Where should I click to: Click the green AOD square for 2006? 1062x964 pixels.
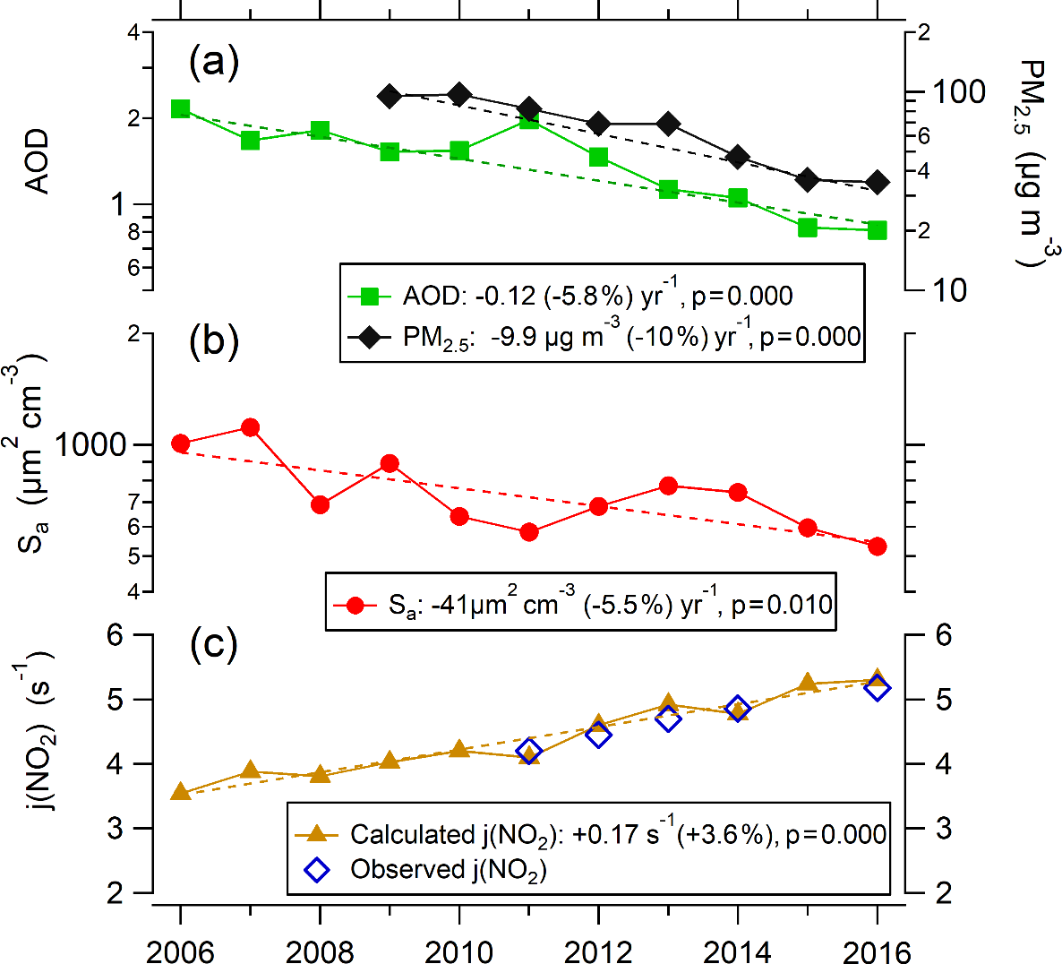180,109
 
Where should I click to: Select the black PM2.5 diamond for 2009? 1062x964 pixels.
389,96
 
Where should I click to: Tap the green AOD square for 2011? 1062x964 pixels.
529,119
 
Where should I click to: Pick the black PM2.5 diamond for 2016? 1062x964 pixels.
878,183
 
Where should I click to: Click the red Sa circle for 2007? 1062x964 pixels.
251,427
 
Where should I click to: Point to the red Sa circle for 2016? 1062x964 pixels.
878,547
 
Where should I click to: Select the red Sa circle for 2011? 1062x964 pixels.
529,532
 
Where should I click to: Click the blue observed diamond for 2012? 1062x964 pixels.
599,736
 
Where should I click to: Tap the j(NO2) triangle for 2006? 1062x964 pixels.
180,792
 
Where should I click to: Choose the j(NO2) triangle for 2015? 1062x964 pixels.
808,683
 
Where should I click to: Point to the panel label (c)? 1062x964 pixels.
214,644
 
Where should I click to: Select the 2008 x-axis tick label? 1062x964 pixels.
320,951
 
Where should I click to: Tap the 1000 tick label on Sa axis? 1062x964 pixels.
90,444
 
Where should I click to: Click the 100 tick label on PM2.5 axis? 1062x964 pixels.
959,91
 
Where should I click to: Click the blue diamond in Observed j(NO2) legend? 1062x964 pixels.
317,869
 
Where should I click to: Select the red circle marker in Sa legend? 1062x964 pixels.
355,606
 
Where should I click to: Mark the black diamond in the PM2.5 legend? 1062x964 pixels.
370,337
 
